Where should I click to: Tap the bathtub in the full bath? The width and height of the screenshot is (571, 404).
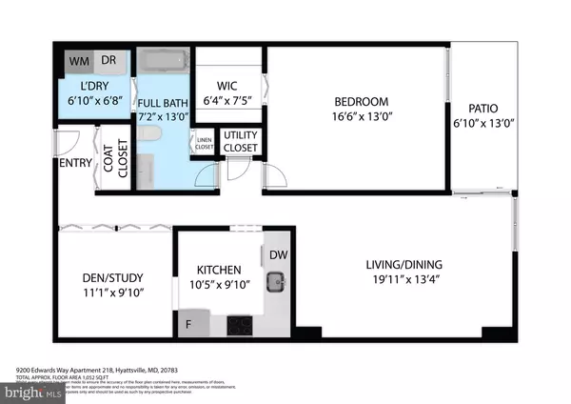[x=163, y=63]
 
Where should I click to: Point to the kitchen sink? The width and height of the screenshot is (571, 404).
[x=277, y=280]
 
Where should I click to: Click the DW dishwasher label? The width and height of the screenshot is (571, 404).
[x=278, y=254]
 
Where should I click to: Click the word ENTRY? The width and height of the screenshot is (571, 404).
[x=75, y=163]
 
